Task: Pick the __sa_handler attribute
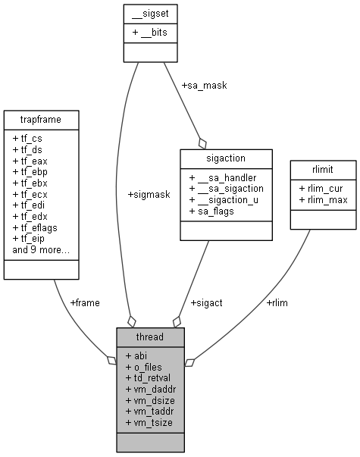pyautogui.click(x=221, y=176)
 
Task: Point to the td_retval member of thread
pyautogui.click(x=151, y=377)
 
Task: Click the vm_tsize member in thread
pyautogui.click(x=150, y=421)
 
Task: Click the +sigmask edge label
pyautogui.click(x=149, y=194)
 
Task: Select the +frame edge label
pyautogui.click(x=84, y=302)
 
